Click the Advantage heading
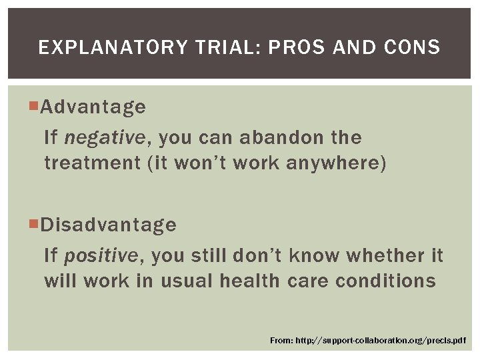[x=93, y=107]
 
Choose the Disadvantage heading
[x=108, y=225]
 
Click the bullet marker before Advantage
[x=35, y=107]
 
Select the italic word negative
[x=104, y=138]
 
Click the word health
[x=250, y=281]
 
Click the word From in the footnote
[x=281, y=341]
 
